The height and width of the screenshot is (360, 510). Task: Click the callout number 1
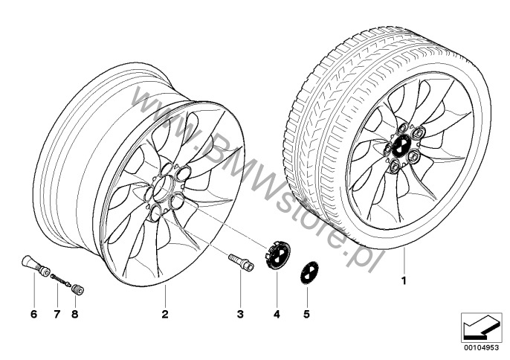[404, 280]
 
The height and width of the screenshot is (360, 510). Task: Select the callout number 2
[165, 314]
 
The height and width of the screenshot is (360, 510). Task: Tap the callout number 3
[240, 314]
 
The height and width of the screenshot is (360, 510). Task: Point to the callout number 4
[277, 314]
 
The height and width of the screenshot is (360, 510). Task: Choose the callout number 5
[306, 314]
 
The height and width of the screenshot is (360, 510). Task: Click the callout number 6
[34, 314]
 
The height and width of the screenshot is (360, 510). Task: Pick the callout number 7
[57, 314]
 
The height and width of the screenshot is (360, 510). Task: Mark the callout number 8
[75, 314]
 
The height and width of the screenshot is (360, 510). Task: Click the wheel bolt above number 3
[242, 262]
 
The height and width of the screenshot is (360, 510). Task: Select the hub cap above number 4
[277, 254]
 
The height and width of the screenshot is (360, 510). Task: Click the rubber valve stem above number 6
[35, 266]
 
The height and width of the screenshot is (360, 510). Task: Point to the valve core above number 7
[61, 280]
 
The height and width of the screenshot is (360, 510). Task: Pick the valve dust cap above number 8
[78, 289]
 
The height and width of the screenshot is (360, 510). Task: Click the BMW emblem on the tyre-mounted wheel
[399, 146]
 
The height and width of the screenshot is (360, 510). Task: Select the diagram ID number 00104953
[482, 347]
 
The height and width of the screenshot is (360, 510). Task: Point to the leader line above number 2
[165, 297]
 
